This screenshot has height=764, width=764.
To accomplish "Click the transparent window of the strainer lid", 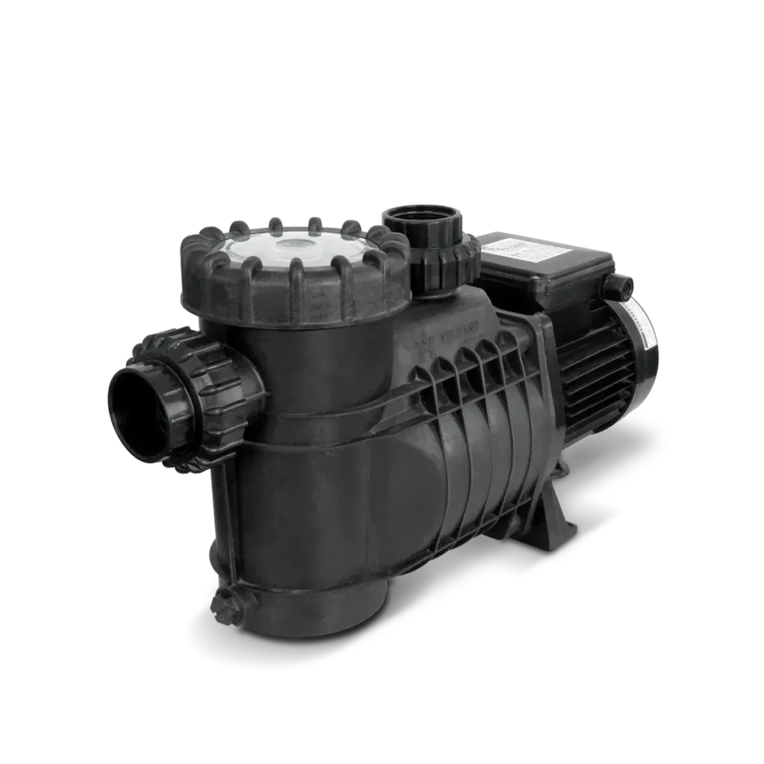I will point(254,249).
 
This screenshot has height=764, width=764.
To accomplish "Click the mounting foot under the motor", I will point(556,515).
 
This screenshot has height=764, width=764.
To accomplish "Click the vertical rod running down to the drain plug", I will point(224,522).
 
